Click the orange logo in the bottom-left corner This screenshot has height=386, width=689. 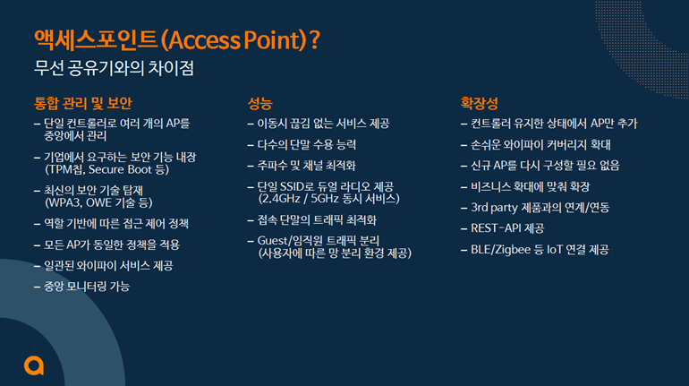click(x=34, y=365)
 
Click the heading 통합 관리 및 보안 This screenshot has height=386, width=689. click(x=83, y=103)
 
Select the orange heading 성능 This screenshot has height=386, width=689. click(x=259, y=103)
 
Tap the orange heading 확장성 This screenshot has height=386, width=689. click(x=479, y=103)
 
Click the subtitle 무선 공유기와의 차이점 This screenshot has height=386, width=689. click(x=114, y=68)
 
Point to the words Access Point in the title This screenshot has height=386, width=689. click(x=234, y=40)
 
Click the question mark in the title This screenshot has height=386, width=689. click(x=315, y=40)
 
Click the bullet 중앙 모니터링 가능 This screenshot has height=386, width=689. click(x=87, y=287)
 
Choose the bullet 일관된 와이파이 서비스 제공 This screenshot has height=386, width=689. click(x=108, y=265)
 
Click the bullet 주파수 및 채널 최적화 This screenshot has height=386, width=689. click(x=306, y=166)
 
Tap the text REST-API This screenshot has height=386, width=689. click(x=496, y=228)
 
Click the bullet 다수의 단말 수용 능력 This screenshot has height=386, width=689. click(x=307, y=145)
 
